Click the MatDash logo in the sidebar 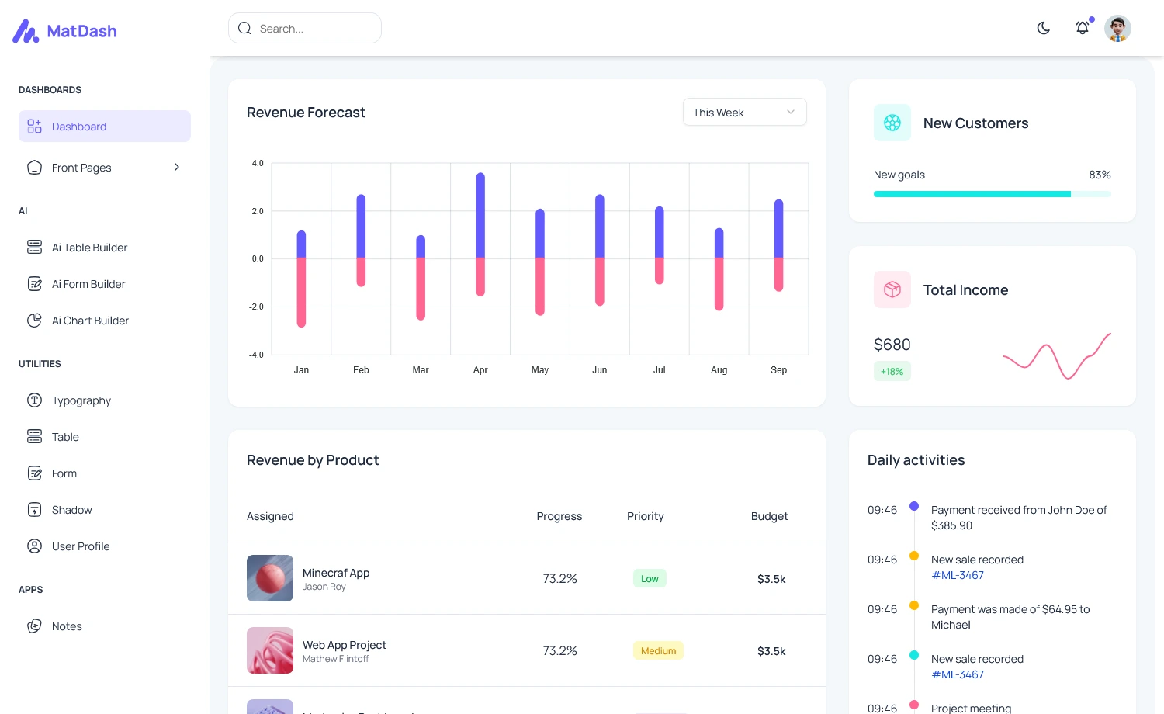pyautogui.click(x=65, y=31)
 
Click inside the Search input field pyautogui.click(x=310, y=29)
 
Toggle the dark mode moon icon pyautogui.click(x=1044, y=29)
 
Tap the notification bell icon pyautogui.click(x=1082, y=29)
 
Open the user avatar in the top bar pyautogui.click(x=1117, y=29)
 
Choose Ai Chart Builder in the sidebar pyautogui.click(x=90, y=321)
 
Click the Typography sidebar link pyautogui.click(x=81, y=400)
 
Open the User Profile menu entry pyautogui.click(x=81, y=546)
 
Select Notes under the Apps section pyautogui.click(x=67, y=626)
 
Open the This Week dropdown pyautogui.click(x=744, y=113)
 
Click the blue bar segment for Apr pyautogui.click(x=480, y=216)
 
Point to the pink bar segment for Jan pyautogui.click(x=301, y=292)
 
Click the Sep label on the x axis pyautogui.click(x=778, y=370)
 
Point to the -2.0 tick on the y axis pyautogui.click(x=256, y=307)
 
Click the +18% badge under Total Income pyautogui.click(x=892, y=372)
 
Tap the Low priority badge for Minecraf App pyautogui.click(x=650, y=579)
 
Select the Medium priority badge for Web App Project pyautogui.click(x=658, y=651)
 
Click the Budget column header pyautogui.click(x=769, y=517)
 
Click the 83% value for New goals pyautogui.click(x=1100, y=175)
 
